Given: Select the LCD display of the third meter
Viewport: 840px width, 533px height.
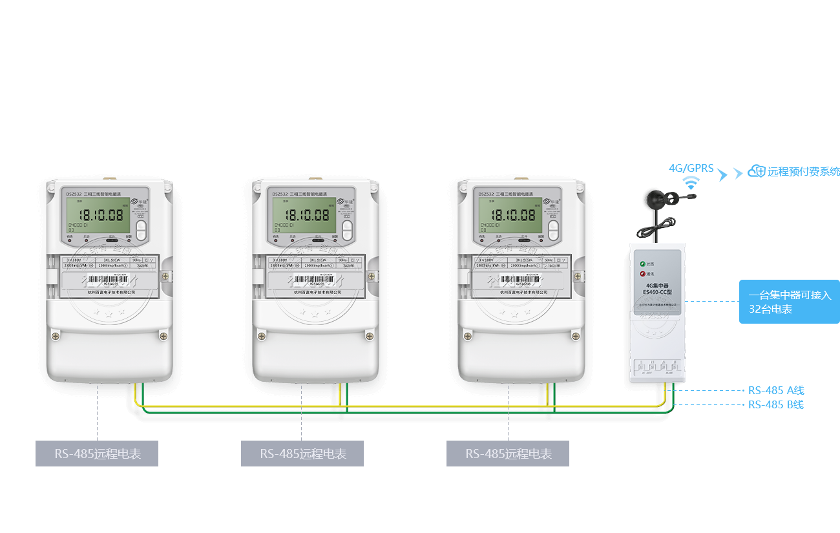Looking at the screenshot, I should tap(509, 214).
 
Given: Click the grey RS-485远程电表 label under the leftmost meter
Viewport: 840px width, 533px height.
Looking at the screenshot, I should tap(97, 454).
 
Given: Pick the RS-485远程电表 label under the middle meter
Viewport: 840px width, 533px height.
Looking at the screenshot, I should tap(302, 454).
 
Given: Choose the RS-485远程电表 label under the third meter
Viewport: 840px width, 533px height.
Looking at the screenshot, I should tap(508, 454).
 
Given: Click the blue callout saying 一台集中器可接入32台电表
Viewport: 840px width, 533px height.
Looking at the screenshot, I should tap(789, 302).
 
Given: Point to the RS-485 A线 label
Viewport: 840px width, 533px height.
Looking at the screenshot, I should tap(776, 390).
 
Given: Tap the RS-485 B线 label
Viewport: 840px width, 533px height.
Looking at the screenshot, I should tap(776, 405).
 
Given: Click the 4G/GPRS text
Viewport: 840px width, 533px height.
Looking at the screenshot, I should tap(691, 169).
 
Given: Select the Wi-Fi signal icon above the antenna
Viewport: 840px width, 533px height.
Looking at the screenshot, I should tap(691, 183).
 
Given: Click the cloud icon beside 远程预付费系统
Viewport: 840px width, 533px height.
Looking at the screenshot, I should tap(756, 171).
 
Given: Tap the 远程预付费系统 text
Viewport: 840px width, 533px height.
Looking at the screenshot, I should tap(804, 172).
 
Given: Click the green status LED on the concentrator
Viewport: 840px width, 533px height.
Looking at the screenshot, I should tap(643, 264).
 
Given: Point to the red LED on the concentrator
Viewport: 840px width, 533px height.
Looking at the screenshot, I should tap(643, 274).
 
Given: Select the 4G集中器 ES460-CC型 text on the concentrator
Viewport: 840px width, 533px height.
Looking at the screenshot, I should tap(658, 288).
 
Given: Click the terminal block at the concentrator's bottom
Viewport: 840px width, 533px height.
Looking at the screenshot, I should tap(656, 368).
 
